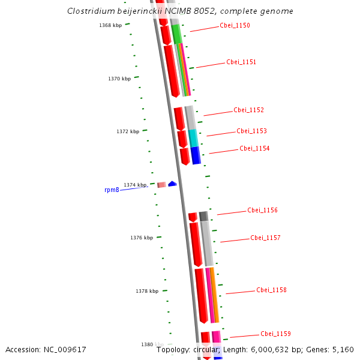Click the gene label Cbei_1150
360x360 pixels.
(235, 25)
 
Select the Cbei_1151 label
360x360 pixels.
(241, 62)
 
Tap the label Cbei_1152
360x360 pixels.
(248, 110)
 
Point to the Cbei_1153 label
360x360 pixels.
(251, 131)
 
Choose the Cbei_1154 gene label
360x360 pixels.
(254, 148)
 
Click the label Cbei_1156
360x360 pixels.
(262, 210)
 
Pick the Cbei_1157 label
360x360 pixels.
(265, 238)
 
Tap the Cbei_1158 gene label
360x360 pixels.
(271, 290)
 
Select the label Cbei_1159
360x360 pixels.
(275, 334)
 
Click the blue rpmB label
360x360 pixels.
(112, 190)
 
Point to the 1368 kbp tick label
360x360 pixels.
(110, 25)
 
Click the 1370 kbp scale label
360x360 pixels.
(119, 79)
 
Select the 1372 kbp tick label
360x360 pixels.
(128, 131)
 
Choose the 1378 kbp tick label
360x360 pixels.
(147, 291)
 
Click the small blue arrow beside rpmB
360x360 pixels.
(172, 184)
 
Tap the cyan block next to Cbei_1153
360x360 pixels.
(193, 138)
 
